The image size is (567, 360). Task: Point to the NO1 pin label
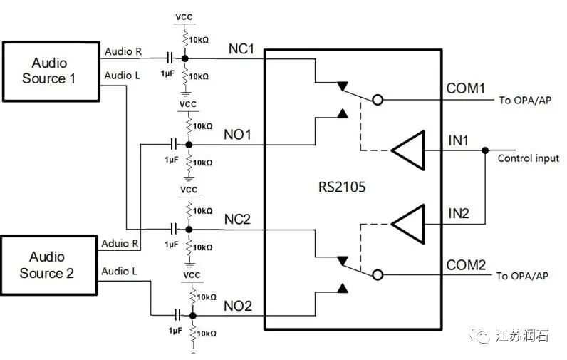239,135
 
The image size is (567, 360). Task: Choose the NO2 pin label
239,306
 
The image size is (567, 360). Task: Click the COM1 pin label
465,89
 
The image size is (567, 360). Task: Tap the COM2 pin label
466,265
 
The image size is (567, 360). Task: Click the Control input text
528,158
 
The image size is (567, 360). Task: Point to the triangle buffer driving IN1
407,150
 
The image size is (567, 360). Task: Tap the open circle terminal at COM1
378,101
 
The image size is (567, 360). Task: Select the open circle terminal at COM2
378,275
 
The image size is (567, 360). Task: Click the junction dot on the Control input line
485,150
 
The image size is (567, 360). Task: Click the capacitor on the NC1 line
170,58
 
